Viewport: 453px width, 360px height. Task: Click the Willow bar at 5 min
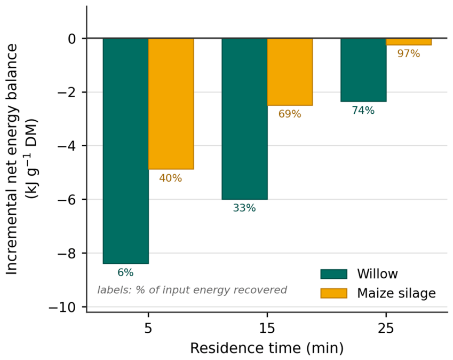point(126,151)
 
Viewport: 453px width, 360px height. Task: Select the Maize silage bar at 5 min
point(171,104)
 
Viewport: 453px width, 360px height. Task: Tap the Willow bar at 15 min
point(245,119)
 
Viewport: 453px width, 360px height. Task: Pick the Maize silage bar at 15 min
point(290,72)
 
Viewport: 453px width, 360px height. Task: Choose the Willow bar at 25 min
point(363,70)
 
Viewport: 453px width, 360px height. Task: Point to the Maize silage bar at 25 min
point(409,42)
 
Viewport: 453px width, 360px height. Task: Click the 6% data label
point(125,272)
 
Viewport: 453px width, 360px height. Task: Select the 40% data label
point(170,178)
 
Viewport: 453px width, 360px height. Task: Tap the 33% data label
point(244,208)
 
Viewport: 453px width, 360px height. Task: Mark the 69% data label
point(290,114)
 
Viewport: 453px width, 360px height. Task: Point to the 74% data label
point(363,111)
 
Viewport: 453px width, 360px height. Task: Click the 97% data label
point(409,53)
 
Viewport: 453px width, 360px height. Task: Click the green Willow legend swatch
point(333,274)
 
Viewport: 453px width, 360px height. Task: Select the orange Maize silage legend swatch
point(333,293)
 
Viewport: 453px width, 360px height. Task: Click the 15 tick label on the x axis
point(267,328)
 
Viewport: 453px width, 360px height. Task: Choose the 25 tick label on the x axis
point(386,328)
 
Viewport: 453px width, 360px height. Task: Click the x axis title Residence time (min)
point(267,348)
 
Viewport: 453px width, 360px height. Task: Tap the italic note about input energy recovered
point(192,289)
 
